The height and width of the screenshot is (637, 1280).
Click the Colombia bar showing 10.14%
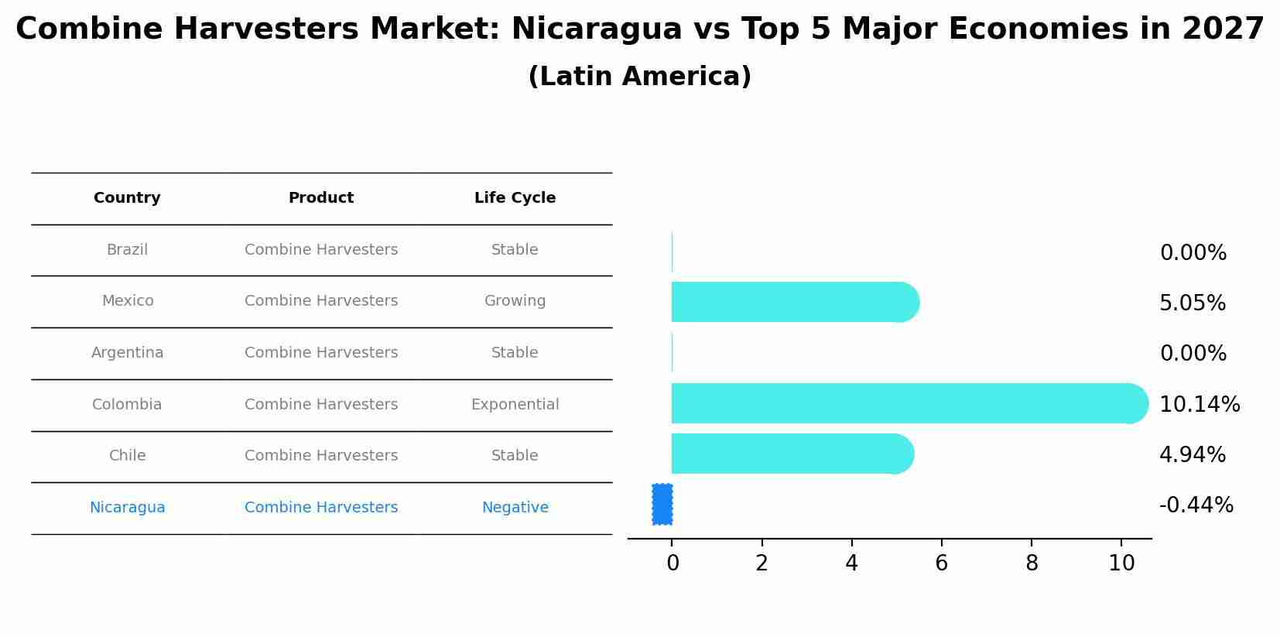(905, 403)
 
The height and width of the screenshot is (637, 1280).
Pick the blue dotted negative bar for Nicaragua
(662, 505)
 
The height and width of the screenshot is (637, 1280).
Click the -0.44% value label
(1196, 505)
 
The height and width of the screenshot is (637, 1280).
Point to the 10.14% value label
(1199, 404)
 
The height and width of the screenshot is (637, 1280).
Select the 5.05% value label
(1192, 303)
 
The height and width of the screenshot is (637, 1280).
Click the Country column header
(127, 198)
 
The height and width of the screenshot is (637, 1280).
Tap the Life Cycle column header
(515, 198)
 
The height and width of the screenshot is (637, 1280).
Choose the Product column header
(321, 198)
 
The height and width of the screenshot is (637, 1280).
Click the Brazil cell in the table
(127, 250)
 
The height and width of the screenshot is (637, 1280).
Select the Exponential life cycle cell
(515, 404)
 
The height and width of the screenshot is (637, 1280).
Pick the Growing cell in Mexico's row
(515, 301)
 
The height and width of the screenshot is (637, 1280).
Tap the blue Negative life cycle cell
(515, 508)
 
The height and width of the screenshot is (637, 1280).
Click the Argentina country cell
(127, 353)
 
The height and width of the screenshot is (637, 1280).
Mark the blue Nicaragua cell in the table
(127, 508)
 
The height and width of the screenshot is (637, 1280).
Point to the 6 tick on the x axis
(941, 563)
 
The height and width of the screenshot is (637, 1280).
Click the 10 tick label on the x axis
(1121, 563)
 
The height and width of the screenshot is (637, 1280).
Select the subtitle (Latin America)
(639, 77)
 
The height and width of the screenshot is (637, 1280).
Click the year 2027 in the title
(1223, 29)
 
